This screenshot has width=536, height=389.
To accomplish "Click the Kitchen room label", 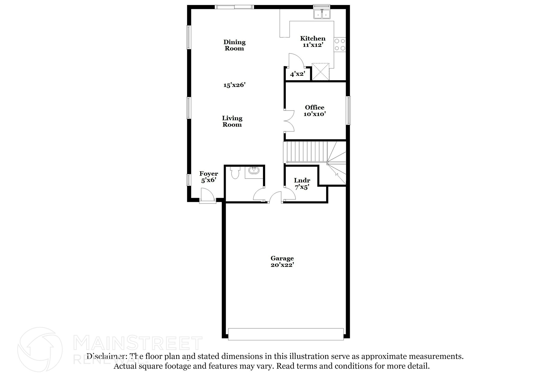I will [x=312, y=42].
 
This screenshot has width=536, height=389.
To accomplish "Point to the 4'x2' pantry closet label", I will [x=298, y=74].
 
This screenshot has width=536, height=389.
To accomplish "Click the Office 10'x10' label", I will [x=314, y=111].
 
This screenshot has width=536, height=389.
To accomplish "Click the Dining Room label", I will [x=234, y=45].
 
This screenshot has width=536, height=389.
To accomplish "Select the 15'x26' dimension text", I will [x=234, y=85].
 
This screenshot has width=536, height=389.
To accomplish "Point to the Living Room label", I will [x=232, y=121].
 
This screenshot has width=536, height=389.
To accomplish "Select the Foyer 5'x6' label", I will [x=209, y=177].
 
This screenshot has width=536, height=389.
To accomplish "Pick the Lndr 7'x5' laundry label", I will [x=302, y=183].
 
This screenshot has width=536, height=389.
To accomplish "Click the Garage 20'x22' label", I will [x=282, y=262].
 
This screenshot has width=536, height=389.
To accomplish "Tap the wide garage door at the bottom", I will [x=286, y=334].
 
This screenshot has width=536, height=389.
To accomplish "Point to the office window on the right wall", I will [x=348, y=110].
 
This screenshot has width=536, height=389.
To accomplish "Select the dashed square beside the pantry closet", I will [x=321, y=71].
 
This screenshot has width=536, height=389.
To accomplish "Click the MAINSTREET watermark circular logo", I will [x=40, y=349].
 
